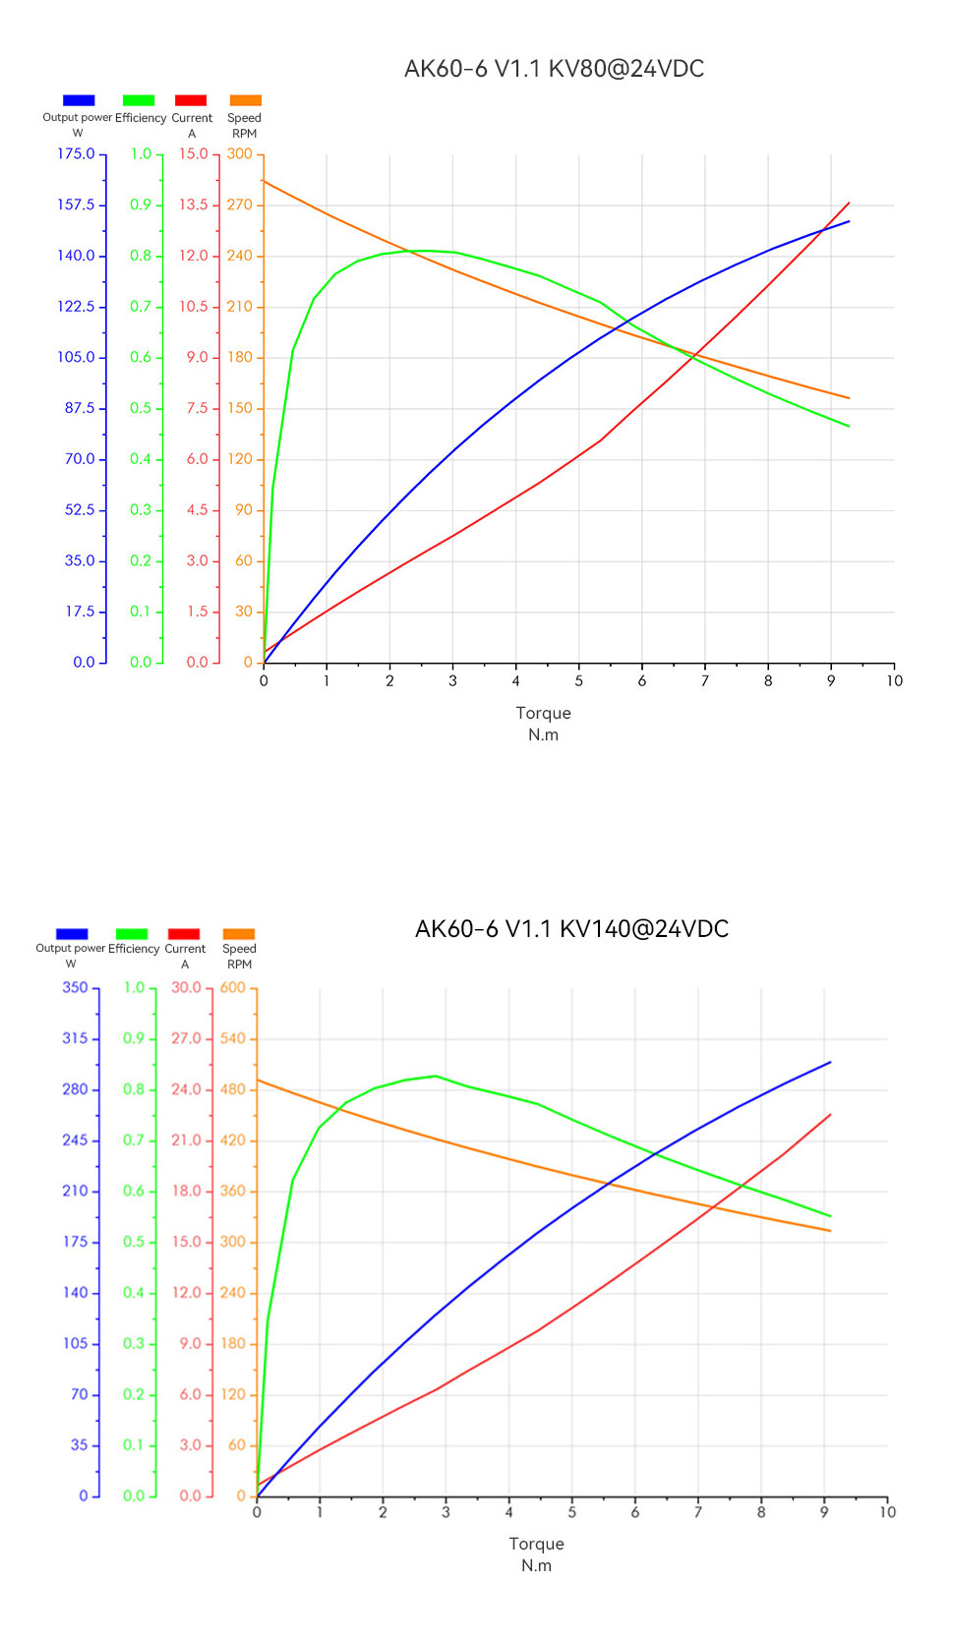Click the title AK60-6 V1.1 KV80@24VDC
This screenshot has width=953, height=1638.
tap(554, 69)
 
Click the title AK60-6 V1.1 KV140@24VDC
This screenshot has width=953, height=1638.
tap(571, 929)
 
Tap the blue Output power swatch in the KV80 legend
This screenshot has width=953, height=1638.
tap(79, 100)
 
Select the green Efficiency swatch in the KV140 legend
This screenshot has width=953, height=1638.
tap(132, 934)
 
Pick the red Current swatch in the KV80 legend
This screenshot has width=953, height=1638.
tap(191, 100)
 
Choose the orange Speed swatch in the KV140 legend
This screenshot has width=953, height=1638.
tap(239, 934)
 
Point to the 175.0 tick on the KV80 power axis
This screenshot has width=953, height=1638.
tap(76, 154)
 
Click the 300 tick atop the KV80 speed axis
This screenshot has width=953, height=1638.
tap(240, 154)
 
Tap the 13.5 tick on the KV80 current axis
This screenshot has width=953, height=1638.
tap(193, 205)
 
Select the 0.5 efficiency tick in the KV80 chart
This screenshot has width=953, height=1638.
tap(141, 408)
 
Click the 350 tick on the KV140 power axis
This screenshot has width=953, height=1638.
tap(75, 987)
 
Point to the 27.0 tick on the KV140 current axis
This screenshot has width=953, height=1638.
tap(186, 1038)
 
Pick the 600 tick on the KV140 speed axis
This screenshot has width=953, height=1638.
tap(233, 987)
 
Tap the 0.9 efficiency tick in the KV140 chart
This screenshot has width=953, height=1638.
tap(134, 1038)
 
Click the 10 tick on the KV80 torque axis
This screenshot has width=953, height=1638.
tap(894, 680)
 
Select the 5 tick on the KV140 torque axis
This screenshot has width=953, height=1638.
tap(572, 1512)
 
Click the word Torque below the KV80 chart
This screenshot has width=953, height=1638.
tap(543, 713)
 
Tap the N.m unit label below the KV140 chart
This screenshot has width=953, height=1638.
tap(536, 1565)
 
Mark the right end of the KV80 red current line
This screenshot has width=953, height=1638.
tap(849, 204)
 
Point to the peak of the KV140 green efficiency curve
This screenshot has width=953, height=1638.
tap(436, 1076)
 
